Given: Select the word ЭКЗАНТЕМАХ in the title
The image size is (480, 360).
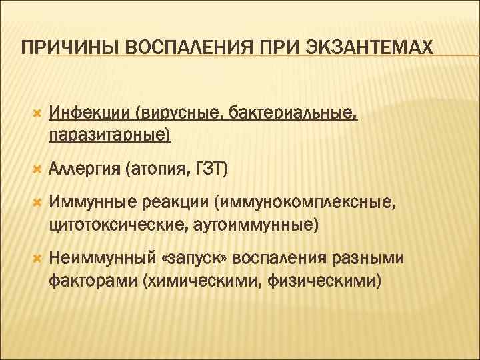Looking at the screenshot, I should pos(370,49).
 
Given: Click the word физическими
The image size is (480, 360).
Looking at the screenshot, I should pos(325,280).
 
